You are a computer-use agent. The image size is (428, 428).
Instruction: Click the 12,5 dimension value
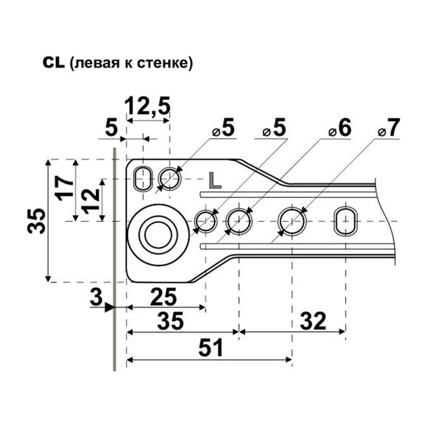(147, 105)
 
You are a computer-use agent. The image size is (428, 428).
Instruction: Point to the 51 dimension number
(211, 348)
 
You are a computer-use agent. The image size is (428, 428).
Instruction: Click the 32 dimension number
(313, 321)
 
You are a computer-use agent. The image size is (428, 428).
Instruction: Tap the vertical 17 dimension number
(64, 188)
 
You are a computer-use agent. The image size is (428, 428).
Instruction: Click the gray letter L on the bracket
(215, 180)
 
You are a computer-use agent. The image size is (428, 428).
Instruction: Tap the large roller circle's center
(158, 235)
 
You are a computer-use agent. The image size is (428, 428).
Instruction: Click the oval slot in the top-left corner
(142, 179)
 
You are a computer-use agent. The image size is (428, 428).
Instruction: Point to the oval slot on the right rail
(346, 221)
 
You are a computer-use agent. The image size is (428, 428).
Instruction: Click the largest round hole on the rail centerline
(292, 221)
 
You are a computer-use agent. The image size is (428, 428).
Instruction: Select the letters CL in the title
(54, 63)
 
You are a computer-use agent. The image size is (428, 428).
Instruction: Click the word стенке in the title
(163, 64)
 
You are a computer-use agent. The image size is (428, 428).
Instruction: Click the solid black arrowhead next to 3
(110, 308)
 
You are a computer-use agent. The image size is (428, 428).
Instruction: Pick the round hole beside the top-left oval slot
(169, 179)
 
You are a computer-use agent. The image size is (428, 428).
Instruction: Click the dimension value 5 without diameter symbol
(111, 128)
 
